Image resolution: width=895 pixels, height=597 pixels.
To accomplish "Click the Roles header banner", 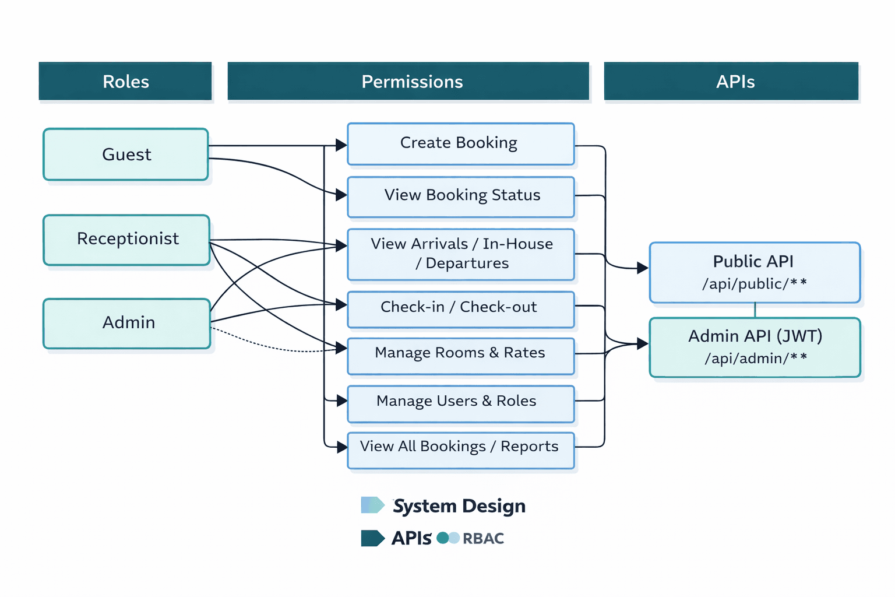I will coord(125,82).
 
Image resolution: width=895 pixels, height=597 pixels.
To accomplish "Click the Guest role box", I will coord(126,154).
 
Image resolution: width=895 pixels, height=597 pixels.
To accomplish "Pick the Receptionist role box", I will coord(126,240).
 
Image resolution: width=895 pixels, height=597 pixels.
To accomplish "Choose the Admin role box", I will coord(127,324).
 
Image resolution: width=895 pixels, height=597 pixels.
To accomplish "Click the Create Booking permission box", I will coord(460,143).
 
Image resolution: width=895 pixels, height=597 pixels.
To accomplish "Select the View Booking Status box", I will coord(460,196).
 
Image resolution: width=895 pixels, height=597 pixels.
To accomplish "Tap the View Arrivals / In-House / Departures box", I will coord(460,254).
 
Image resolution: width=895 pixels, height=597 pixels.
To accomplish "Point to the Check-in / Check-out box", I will coord(460,308).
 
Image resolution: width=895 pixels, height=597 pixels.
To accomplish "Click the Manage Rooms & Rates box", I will coord(460,355).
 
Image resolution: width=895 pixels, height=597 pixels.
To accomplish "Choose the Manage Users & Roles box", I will coord(460,403).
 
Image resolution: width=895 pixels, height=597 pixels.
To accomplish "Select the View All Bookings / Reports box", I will coord(460,449).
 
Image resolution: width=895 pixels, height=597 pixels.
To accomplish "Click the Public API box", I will coord(755,272).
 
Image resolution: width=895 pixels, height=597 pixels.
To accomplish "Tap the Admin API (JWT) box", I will coord(755,347).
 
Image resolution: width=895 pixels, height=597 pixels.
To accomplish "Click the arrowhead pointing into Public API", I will coord(643,268).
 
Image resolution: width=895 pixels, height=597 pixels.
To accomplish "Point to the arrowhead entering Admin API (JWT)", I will coord(643,344).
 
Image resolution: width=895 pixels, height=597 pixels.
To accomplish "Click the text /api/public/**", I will coord(755,284).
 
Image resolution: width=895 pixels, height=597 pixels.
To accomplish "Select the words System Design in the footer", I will coord(459,506).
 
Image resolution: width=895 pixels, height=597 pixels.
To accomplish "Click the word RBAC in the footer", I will coord(483,539).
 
